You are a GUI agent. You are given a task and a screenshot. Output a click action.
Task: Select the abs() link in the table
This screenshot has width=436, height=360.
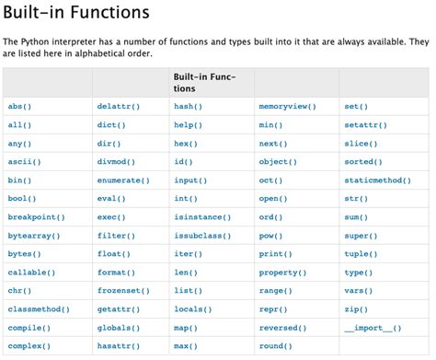[x=19, y=107]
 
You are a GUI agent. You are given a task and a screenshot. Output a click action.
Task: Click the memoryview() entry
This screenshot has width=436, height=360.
[x=288, y=107]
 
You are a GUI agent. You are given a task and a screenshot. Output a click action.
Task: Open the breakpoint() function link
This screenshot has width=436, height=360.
[x=36, y=217]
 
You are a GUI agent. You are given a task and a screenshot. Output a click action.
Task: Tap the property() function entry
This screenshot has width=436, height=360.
[x=281, y=273]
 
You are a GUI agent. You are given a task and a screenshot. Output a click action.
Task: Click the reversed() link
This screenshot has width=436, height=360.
[x=281, y=328]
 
